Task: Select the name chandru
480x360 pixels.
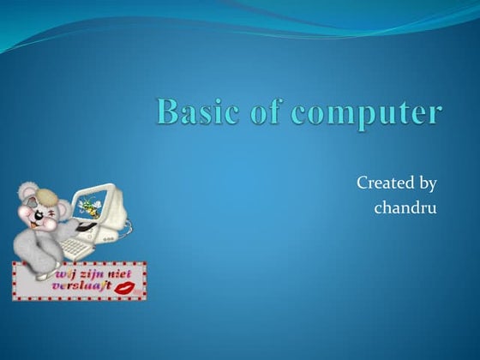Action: tap(405, 207)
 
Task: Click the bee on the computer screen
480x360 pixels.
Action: tap(87, 207)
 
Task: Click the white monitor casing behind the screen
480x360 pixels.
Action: tap(115, 202)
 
